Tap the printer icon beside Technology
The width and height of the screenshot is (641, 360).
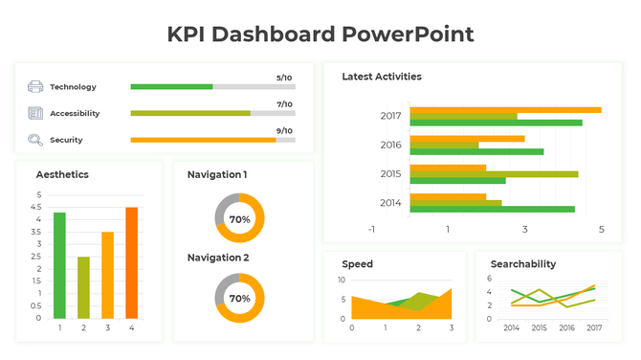[35, 87]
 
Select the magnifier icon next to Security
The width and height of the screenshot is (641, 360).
[35, 140]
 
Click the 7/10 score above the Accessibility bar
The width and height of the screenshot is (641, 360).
[284, 104]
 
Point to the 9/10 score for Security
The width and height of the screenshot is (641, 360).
[284, 130]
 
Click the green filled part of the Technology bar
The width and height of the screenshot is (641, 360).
[171, 87]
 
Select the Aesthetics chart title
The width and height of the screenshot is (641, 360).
[62, 174]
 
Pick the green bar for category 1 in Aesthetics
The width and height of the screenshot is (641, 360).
[59, 265]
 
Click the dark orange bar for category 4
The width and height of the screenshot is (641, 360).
[131, 262]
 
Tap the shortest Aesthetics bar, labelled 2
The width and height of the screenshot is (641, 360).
[83, 287]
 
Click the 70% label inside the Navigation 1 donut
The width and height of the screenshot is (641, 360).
[239, 219]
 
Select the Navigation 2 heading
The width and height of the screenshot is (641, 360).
[217, 258]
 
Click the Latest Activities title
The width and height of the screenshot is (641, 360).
[382, 77]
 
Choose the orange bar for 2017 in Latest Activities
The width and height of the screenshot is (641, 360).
[505, 110]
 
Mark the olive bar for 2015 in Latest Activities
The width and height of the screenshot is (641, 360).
[494, 174]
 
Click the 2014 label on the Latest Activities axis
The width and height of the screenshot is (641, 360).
[390, 202]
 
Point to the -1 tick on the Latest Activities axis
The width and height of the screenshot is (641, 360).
[371, 229]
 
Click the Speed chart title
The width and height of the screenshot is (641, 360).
[358, 263]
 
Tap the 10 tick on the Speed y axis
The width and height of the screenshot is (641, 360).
[342, 280]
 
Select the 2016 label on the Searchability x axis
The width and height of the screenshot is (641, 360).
[566, 327]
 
